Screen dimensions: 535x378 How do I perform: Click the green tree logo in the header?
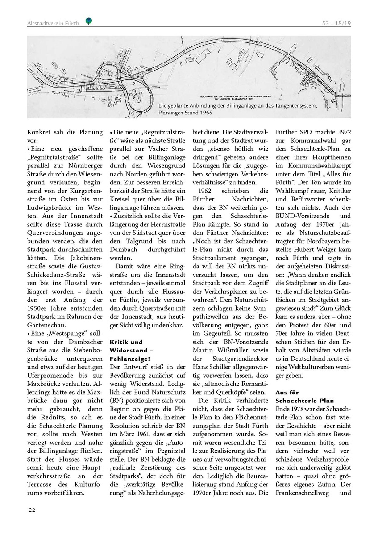(x=89, y=21)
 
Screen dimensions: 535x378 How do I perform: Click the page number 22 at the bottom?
(x=32, y=510)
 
